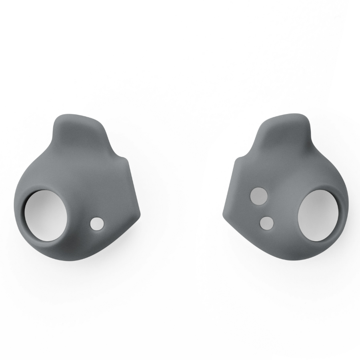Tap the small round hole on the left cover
96,224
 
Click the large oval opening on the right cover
317,215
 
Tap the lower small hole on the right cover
266,223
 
